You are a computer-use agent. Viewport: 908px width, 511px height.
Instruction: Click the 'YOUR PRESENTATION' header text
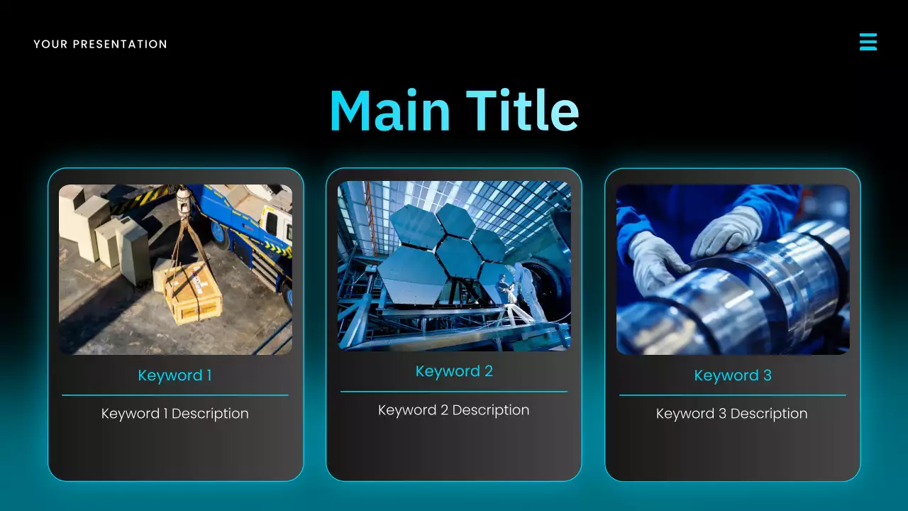point(100,44)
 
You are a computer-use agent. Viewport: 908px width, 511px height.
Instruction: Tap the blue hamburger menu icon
point(868,42)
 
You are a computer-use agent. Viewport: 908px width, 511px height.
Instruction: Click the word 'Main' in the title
point(389,111)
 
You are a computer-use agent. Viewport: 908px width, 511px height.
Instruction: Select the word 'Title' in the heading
point(522,111)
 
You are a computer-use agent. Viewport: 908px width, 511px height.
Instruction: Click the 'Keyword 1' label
point(175,375)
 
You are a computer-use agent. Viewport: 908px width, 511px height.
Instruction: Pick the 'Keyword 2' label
point(454,371)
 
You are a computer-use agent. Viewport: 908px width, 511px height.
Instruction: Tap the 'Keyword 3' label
point(732,375)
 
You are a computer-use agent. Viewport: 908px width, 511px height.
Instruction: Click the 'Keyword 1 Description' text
point(175,414)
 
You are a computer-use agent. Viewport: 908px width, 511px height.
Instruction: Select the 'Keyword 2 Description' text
point(454,410)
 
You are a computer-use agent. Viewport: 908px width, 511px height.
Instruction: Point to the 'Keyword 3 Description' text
point(732,414)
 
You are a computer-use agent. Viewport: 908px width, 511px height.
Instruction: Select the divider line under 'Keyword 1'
point(175,395)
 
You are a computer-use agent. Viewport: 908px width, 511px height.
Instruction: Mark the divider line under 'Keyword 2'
point(454,392)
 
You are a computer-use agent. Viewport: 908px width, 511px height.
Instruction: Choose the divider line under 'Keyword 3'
point(732,395)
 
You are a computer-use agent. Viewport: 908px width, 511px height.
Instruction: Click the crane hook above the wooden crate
point(185,202)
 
